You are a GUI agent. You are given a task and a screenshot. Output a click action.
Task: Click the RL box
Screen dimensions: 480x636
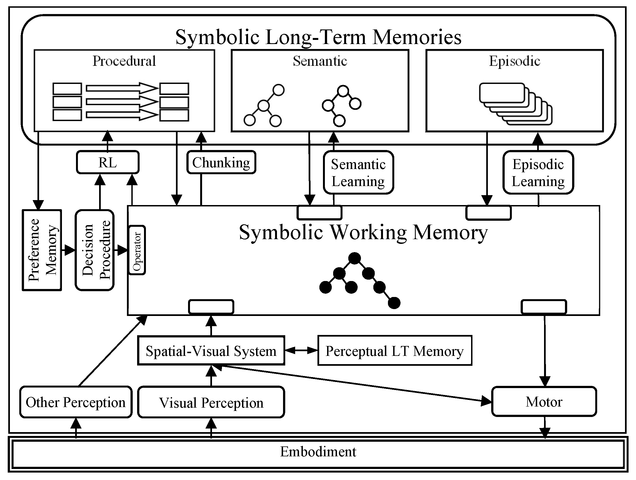tap(108, 163)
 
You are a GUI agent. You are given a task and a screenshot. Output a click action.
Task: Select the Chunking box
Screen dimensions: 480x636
tap(221, 163)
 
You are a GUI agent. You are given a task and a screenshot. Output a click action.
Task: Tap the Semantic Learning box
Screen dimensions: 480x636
tap(358, 173)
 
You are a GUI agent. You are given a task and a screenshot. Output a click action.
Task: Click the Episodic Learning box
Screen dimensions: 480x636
tap(538, 173)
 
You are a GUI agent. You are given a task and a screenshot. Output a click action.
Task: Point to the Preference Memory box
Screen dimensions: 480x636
tap(42, 250)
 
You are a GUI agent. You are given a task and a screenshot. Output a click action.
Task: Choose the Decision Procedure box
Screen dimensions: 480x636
tap(95, 250)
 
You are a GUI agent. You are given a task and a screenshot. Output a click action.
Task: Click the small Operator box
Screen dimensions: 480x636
tap(137, 250)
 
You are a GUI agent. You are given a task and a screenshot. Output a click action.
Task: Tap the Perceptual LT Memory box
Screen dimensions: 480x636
tap(394, 351)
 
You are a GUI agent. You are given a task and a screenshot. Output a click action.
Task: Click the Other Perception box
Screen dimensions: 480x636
tap(76, 402)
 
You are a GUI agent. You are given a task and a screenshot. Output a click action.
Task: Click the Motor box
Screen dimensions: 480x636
tap(544, 402)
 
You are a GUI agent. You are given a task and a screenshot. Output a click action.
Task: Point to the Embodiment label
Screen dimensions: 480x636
tap(318, 452)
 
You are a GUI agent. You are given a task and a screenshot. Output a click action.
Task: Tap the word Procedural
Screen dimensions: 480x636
tap(124, 61)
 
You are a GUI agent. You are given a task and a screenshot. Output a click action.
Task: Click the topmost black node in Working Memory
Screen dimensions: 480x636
tap(354, 258)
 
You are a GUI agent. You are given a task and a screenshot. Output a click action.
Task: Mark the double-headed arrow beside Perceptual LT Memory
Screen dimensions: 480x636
tap(301, 350)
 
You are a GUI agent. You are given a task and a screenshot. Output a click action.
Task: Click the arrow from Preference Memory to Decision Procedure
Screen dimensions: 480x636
tap(69, 250)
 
